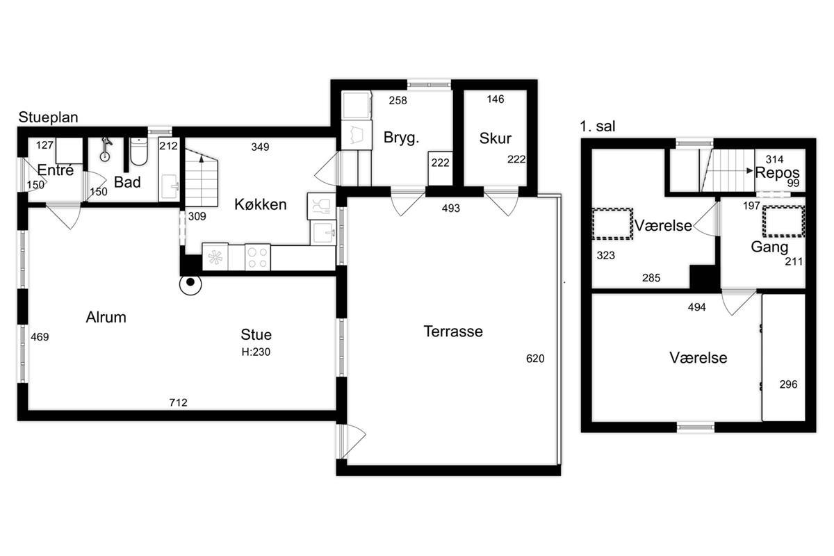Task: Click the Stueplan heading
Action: coord(48,117)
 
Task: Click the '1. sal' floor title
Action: coord(597,126)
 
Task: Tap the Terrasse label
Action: coord(453,331)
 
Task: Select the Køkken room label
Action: coord(260,204)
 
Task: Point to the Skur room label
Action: coord(495,138)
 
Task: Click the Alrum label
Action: coord(106,317)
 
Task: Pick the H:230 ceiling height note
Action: coord(256,352)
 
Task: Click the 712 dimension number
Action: coord(178,402)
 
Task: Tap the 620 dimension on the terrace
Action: coord(535,358)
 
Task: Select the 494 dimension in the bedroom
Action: coord(696,307)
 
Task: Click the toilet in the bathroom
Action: coord(139,152)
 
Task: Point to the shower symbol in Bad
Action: coord(106,149)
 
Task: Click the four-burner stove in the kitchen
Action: coord(258,257)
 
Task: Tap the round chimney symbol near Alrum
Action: coord(190,284)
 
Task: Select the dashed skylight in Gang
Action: coord(783,222)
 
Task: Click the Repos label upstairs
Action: coord(778,173)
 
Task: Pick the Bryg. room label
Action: coord(402,138)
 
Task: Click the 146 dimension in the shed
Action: coord(495,99)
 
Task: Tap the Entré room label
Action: coord(56,170)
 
